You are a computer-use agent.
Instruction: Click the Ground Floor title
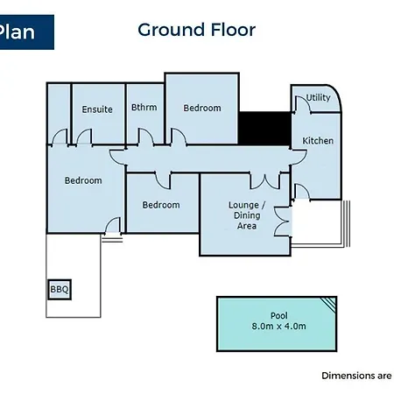click(x=196, y=30)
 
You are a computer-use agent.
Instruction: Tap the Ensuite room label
click(x=97, y=109)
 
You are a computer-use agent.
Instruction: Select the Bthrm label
click(x=144, y=108)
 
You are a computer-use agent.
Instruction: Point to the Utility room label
click(x=318, y=97)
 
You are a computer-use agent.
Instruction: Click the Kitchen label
click(x=318, y=141)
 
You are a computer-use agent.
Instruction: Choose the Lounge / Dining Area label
click(x=247, y=215)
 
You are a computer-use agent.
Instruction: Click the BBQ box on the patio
click(x=60, y=290)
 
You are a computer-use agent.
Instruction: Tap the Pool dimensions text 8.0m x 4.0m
click(x=278, y=326)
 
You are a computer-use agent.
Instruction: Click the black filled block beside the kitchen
click(x=264, y=129)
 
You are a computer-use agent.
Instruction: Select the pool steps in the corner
click(x=330, y=304)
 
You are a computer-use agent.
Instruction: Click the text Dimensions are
click(x=356, y=376)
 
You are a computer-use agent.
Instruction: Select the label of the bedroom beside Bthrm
click(x=202, y=108)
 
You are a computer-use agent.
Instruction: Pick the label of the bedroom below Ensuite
click(x=83, y=180)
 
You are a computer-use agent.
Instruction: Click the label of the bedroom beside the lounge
click(x=161, y=205)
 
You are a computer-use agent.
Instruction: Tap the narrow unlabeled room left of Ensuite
click(x=59, y=114)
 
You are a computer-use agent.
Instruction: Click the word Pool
click(x=279, y=315)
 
